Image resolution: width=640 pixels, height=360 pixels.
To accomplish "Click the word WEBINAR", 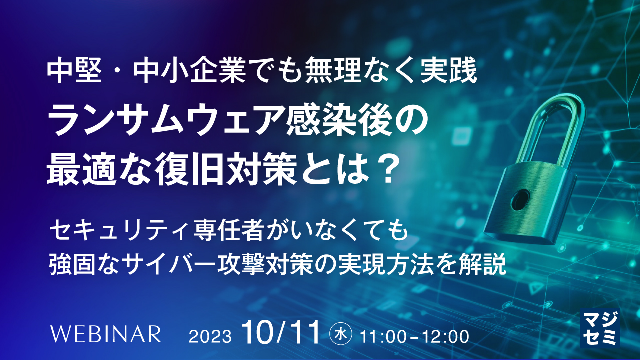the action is coord(106,334).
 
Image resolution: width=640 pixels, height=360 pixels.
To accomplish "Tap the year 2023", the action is coord(210,337).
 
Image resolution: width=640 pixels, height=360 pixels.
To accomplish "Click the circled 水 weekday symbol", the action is coord(340,334).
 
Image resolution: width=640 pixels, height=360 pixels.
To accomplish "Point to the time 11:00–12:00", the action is coord(415,337).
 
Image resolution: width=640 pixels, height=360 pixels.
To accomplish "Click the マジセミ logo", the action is coord(599,328).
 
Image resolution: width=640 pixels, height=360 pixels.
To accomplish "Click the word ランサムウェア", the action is coord(167,121).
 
